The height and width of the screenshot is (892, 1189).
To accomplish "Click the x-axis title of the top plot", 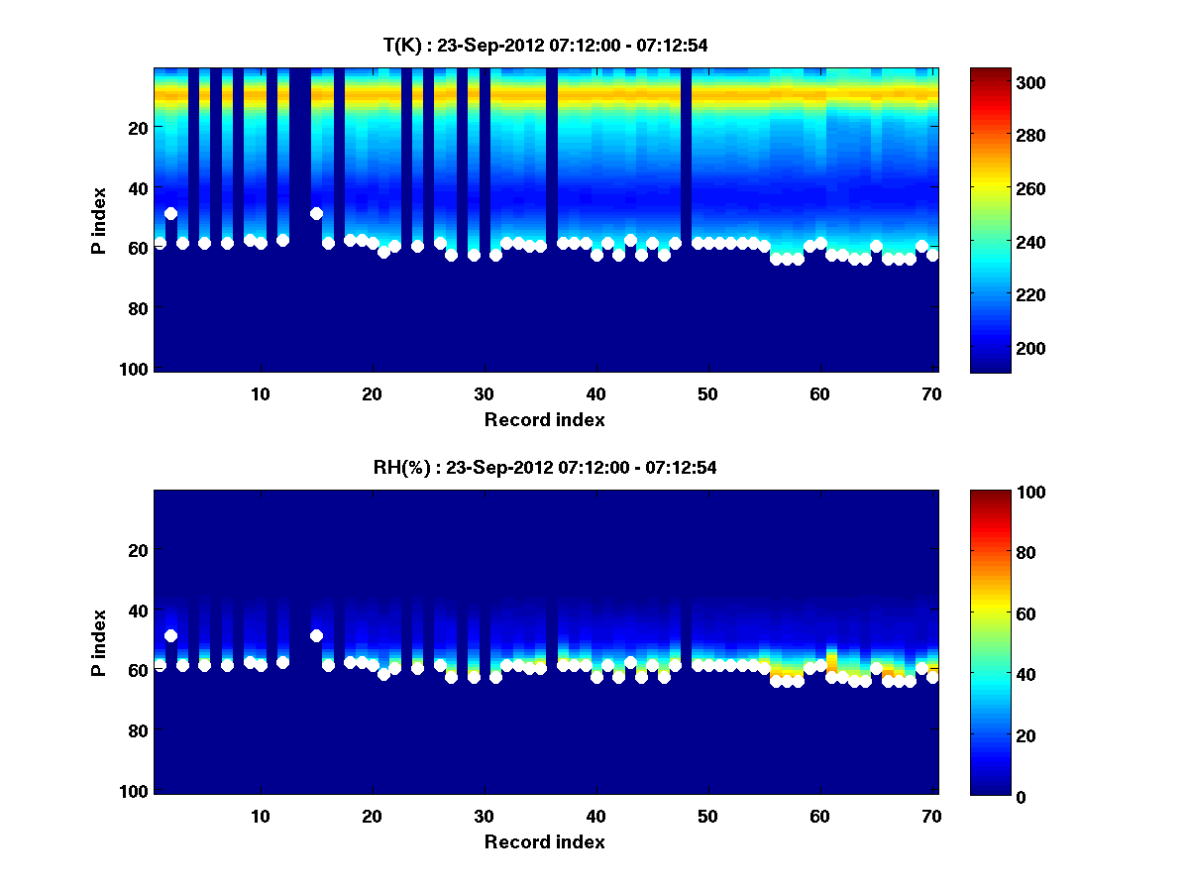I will point(544,420).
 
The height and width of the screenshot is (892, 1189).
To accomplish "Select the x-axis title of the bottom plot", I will point(544,842).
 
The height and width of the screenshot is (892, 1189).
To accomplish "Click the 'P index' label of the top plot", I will point(98,220).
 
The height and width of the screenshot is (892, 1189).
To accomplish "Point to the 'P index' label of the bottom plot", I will point(98,642).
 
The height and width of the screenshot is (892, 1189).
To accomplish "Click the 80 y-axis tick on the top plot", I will point(137,309).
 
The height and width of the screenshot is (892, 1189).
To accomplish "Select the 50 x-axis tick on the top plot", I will point(707,393).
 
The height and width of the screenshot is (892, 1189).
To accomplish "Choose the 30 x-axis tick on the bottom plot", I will point(484,816).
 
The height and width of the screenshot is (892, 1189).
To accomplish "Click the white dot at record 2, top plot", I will point(170,213).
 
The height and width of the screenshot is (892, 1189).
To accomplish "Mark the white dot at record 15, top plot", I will point(316,213).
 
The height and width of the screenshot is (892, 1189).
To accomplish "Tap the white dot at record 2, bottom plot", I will point(170,635).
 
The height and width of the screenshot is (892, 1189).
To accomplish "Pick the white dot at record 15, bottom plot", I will point(316,635).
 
